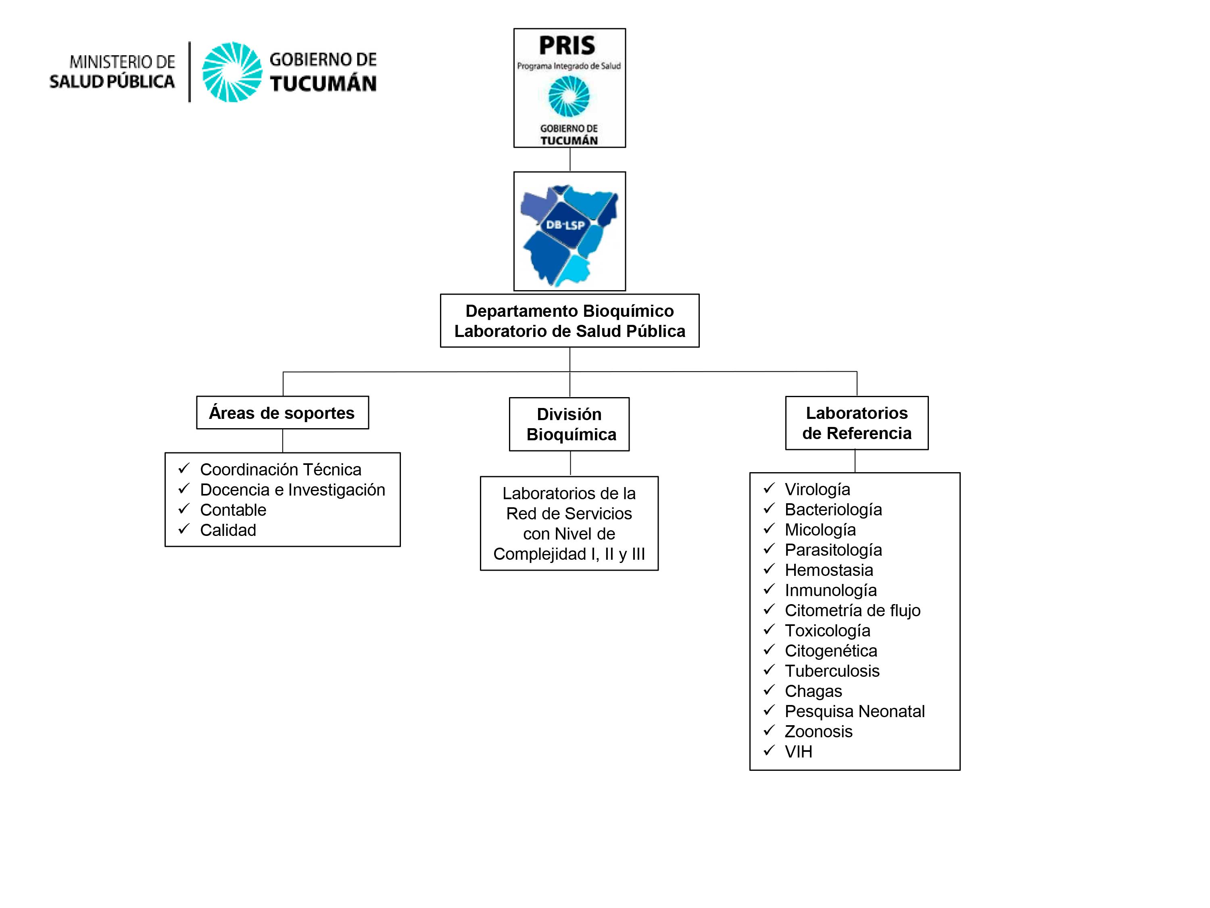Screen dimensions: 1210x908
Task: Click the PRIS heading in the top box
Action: tap(567, 46)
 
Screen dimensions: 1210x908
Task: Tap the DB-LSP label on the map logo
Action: tap(565, 224)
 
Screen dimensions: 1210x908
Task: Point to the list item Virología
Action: tap(817, 489)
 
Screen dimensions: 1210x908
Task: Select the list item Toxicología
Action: tap(827, 630)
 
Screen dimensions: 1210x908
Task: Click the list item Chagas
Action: tap(814, 691)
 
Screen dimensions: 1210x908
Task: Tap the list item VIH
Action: tap(798, 751)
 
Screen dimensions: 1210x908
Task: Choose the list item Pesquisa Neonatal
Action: tap(854, 711)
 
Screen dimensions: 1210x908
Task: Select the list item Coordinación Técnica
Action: tap(281, 470)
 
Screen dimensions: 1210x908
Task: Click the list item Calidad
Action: tap(228, 530)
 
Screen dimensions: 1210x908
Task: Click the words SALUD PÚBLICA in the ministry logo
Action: tap(112, 81)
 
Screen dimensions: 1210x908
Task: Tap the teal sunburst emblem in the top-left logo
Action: tap(232, 72)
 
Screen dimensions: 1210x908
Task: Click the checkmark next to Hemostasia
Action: tap(769, 569)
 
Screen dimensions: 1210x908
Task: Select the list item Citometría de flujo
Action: tap(852, 610)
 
